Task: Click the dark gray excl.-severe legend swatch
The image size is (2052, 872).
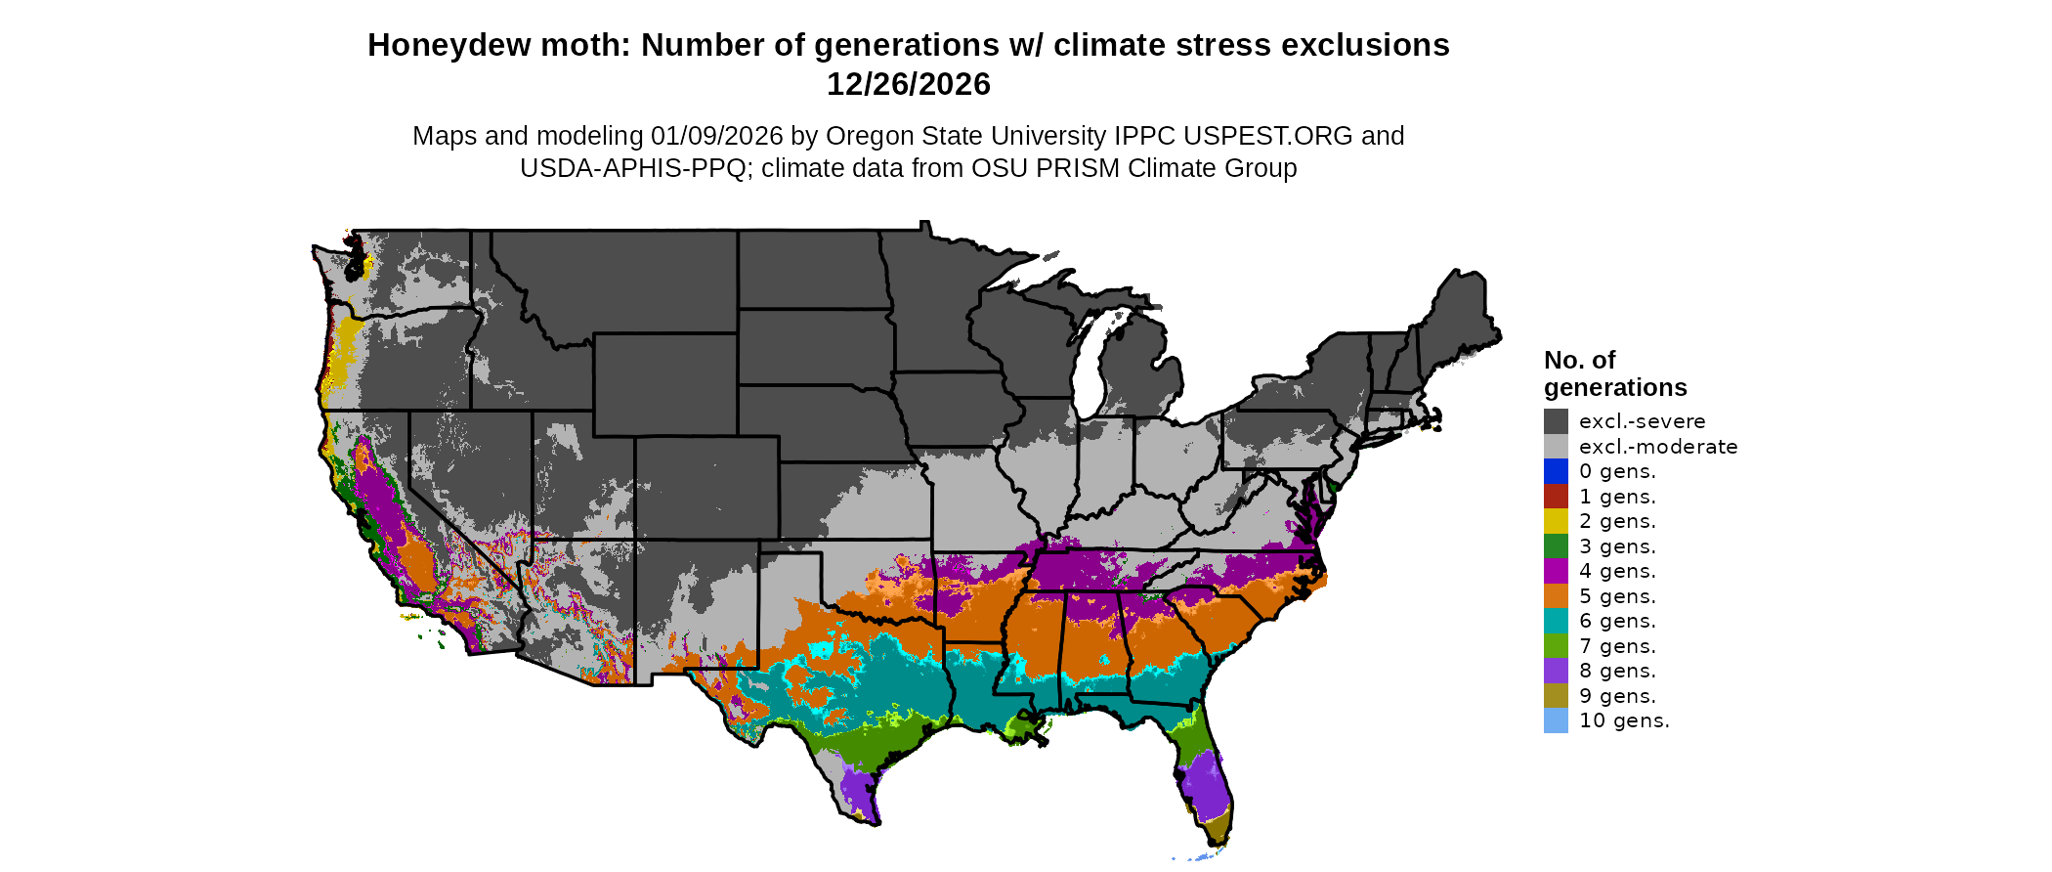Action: coord(1556,421)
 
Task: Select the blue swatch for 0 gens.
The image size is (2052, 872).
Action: coord(1556,471)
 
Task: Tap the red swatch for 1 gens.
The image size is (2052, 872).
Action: coord(1556,497)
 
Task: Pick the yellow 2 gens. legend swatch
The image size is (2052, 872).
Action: coord(1556,521)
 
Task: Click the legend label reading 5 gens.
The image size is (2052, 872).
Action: coord(1617,596)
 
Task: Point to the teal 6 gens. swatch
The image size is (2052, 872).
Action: coord(1556,621)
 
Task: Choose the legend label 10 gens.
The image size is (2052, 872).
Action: coord(1624,720)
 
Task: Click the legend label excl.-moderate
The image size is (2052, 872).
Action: coord(1658,447)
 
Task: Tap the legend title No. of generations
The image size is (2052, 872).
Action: coord(1614,373)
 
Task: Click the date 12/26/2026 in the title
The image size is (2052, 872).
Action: coord(908,84)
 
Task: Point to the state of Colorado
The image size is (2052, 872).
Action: coord(706,488)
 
